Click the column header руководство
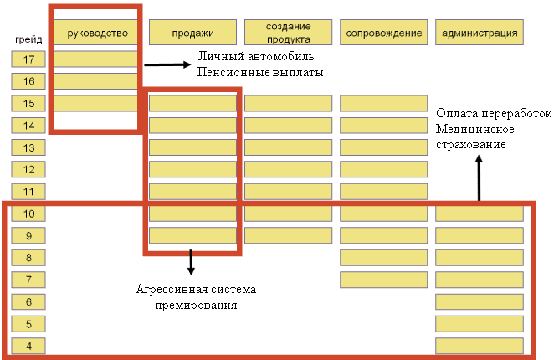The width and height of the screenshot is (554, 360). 95,33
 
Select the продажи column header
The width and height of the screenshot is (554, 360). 192,33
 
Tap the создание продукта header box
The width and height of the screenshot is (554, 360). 289,33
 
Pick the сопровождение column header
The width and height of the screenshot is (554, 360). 384,33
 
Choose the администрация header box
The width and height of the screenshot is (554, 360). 480,33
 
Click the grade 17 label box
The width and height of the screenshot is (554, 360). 28,59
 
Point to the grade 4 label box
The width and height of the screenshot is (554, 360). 28,346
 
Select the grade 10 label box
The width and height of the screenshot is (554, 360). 28,213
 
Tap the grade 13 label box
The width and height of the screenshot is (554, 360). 28,147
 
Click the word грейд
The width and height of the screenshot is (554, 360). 28,39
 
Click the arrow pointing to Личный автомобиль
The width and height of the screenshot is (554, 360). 167,64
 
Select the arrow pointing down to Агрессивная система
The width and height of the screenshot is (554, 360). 191,262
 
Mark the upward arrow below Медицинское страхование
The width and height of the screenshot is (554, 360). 479,178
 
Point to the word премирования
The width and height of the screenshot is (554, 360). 196,306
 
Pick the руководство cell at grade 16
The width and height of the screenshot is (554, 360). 95,81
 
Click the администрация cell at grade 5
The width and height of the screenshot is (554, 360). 480,324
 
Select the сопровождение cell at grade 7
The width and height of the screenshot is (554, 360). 384,280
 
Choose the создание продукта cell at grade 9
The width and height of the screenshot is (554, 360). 289,235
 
